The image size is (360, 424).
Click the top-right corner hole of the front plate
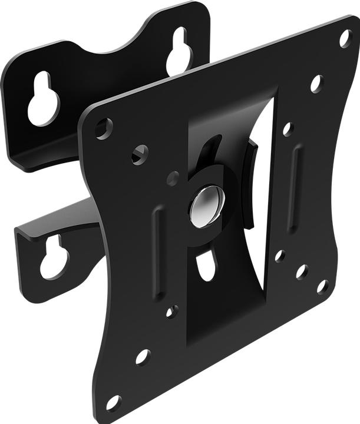click(345, 38)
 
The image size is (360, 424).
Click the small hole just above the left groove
click(173, 177)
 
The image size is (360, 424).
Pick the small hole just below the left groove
click(171, 311)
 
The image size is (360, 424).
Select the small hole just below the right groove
click(280, 256)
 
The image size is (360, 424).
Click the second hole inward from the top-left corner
click(140, 155)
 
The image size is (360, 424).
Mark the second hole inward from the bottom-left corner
click(143, 356)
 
